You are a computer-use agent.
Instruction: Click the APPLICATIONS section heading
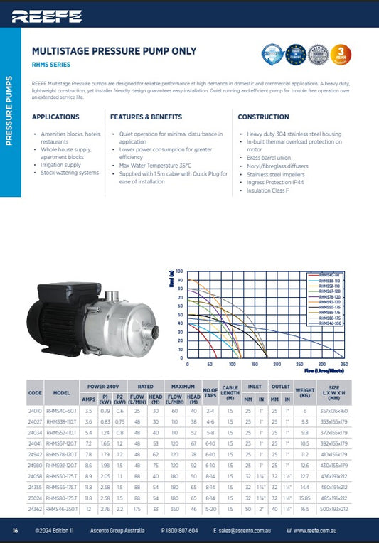tap(55, 117)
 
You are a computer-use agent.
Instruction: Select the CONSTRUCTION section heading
tap(263, 117)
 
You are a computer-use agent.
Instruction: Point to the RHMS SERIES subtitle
tap(52, 64)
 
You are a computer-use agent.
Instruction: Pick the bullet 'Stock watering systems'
tap(70, 173)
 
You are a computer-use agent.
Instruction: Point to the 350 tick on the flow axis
tap(344, 364)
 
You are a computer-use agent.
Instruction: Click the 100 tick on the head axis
tap(180, 271)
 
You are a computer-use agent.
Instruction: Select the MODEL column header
tap(61, 393)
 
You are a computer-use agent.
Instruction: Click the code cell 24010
tap(35, 410)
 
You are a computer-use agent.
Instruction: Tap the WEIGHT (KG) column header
tap(304, 393)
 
